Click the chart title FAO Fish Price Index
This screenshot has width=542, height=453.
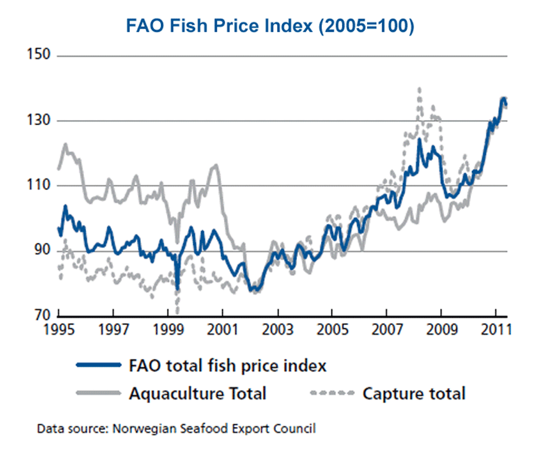tap(270, 25)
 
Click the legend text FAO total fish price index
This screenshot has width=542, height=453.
tap(228, 366)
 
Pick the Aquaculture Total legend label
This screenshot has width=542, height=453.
tap(198, 393)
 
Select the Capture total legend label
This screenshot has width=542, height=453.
tap(414, 393)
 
